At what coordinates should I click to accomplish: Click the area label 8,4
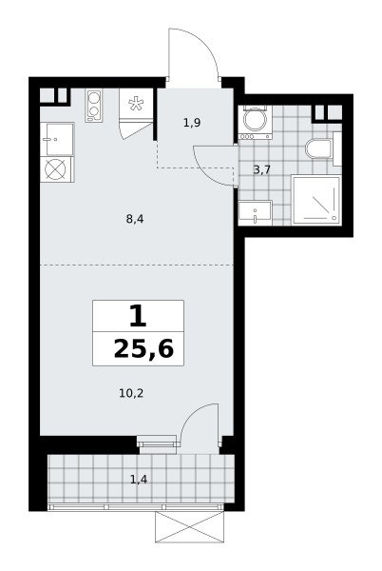(x=135, y=219)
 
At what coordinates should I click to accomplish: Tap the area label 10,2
(x=131, y=393)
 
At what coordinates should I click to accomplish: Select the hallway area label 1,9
(x=192, y=123)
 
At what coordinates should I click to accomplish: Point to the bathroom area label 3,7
(x=262, y=169)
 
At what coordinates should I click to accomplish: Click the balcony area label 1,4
(x=139, y=480)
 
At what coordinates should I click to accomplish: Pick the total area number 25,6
(x=143, y=349)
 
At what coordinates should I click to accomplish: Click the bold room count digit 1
(x=138, y=316)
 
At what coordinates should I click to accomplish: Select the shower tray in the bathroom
(x=316, y=200)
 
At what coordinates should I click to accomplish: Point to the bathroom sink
(x=256, y=212)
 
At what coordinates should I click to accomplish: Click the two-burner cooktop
(x=94, y=106)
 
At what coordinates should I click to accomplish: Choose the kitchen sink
(x=57, y=140)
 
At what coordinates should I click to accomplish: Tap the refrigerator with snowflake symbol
(x=136, y=104)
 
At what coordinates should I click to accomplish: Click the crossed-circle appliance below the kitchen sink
(x=57, y=169)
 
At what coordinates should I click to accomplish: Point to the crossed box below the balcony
(x=189, y=526)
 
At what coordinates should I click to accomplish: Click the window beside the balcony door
(x=157, y=443)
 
